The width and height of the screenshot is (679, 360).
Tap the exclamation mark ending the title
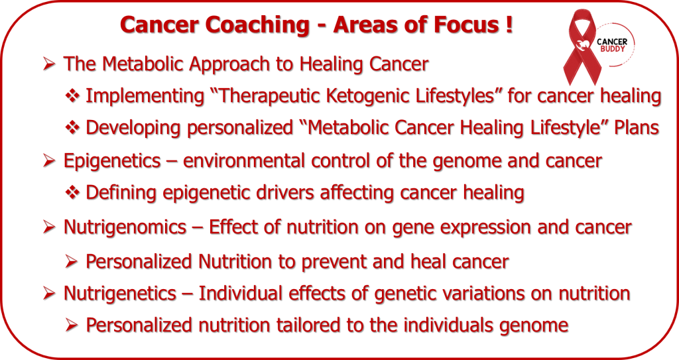coord(507,25)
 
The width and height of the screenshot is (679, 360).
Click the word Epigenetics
coord(110,160)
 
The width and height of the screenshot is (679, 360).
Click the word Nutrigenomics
coord(125,227)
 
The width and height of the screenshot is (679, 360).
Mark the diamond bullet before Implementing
coord(72,96)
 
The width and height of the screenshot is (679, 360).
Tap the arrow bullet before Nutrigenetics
coord(48,292)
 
